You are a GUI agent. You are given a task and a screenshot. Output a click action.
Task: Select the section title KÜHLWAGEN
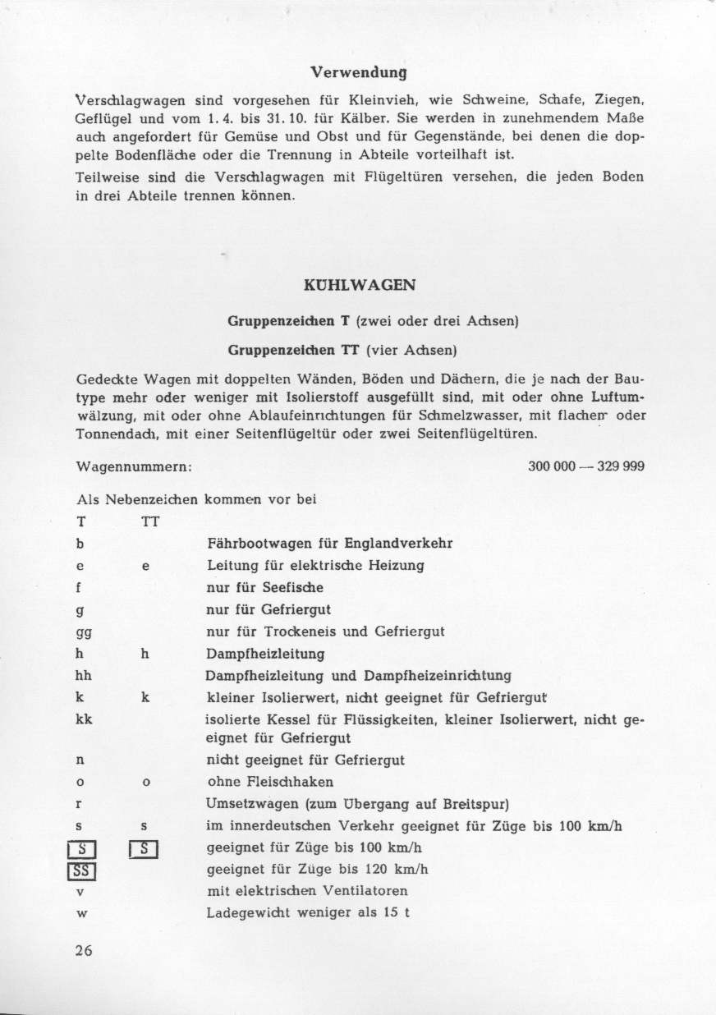358,286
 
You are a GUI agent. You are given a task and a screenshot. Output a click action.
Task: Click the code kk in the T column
84,720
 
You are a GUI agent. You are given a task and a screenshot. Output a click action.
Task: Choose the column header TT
149,521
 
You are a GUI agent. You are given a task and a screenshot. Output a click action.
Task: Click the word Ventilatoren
368,891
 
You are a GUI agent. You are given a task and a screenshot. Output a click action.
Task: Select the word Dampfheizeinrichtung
443,676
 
